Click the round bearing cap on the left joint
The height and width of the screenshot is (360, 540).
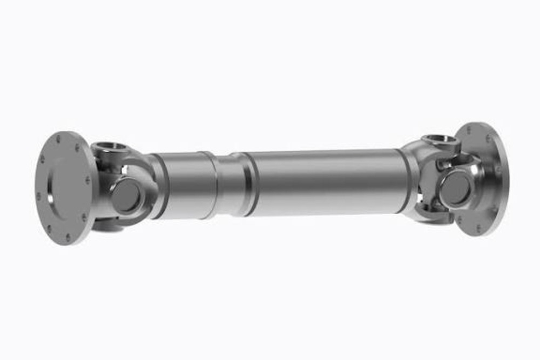click(126, 195)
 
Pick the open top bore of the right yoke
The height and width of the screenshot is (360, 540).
click(441, 141)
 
